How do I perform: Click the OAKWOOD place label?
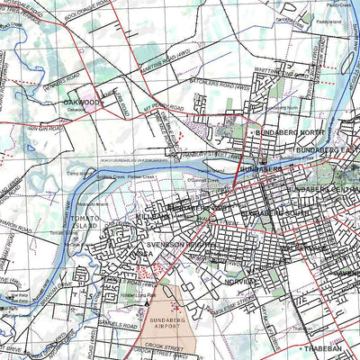click(x=80, y=103)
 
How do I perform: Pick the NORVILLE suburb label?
click(x=241, y=281)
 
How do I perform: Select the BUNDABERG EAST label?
click(x=326, y=148)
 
